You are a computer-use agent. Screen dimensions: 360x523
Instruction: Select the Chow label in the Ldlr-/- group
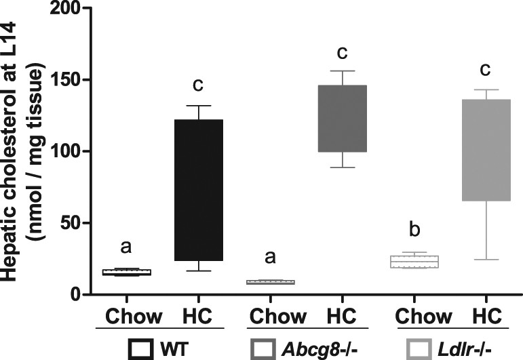[x=423, y=316]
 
